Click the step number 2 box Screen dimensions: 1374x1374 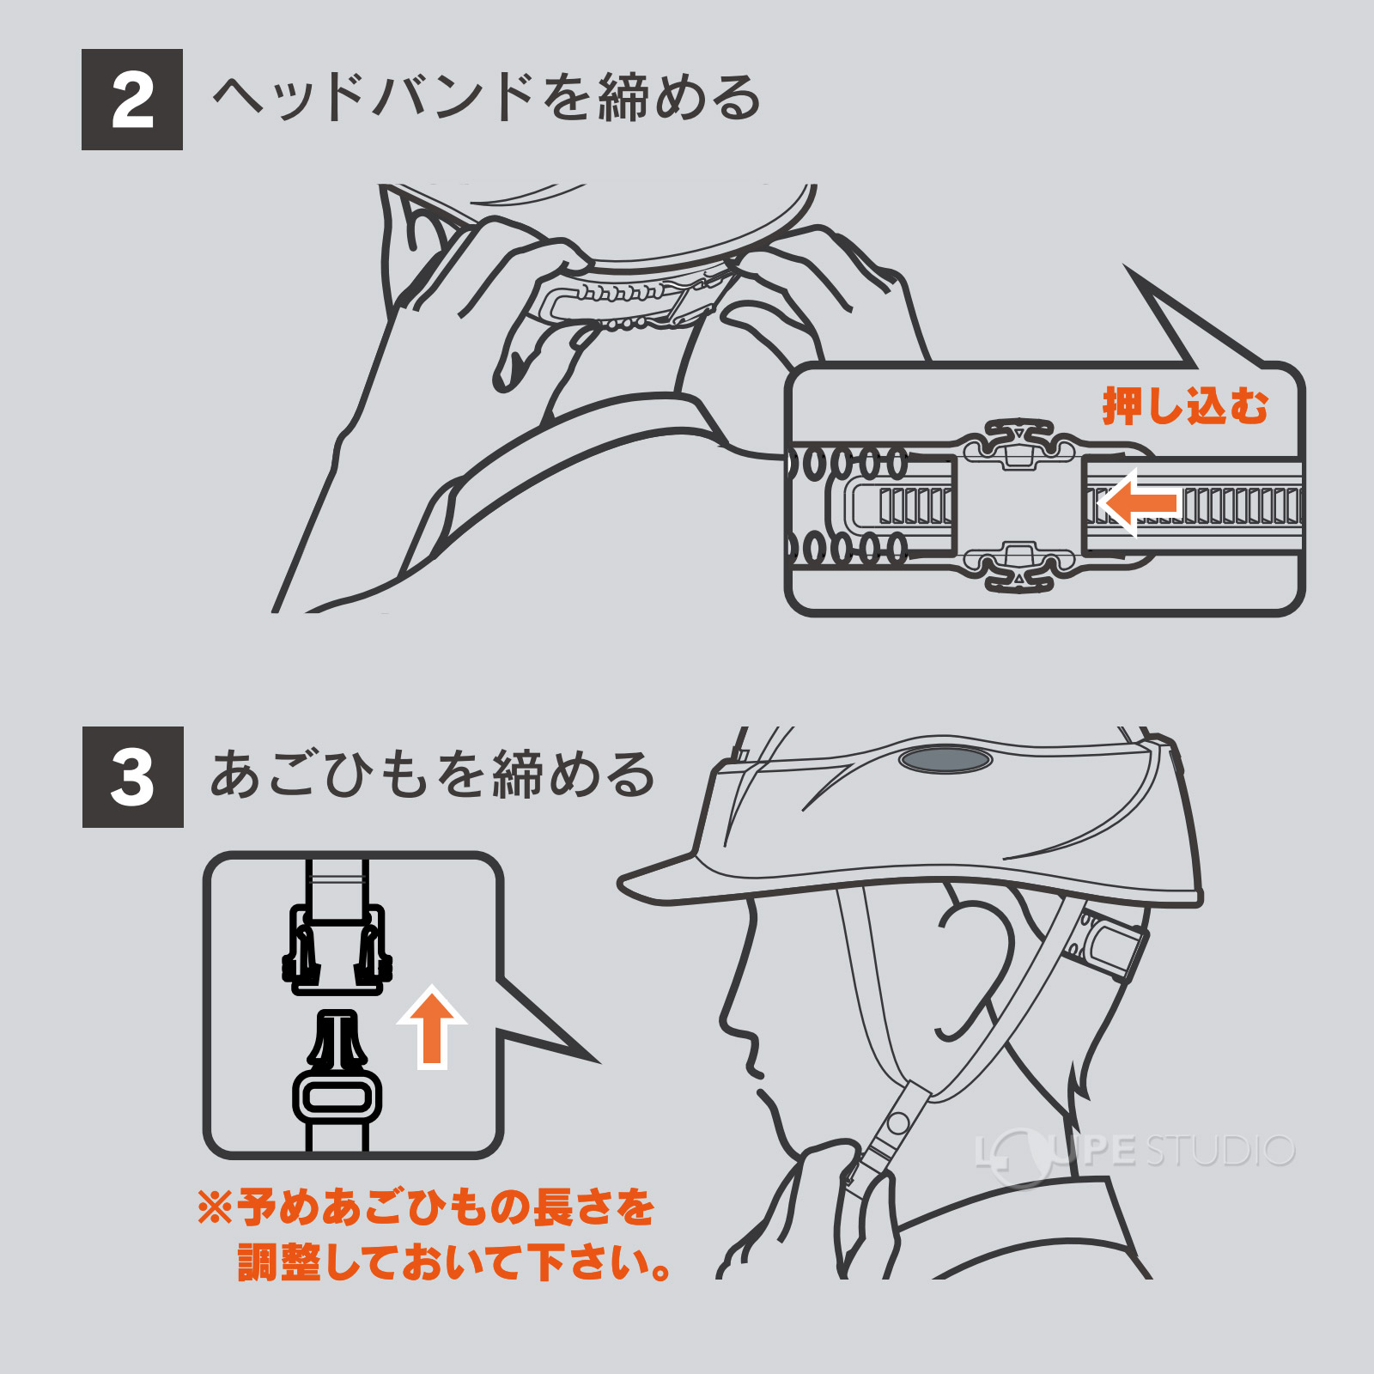131,100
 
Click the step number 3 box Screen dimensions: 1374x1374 132,777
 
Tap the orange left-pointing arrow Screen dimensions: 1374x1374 1139,502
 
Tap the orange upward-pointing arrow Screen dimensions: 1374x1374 432,1027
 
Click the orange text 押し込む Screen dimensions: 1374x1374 1185,405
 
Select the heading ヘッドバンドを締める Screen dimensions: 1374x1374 486,98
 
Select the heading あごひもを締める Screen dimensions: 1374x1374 433,775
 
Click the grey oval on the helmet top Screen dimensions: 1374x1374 945,759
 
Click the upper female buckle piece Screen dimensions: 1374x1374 337,950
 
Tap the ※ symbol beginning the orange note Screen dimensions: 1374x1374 215,1207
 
